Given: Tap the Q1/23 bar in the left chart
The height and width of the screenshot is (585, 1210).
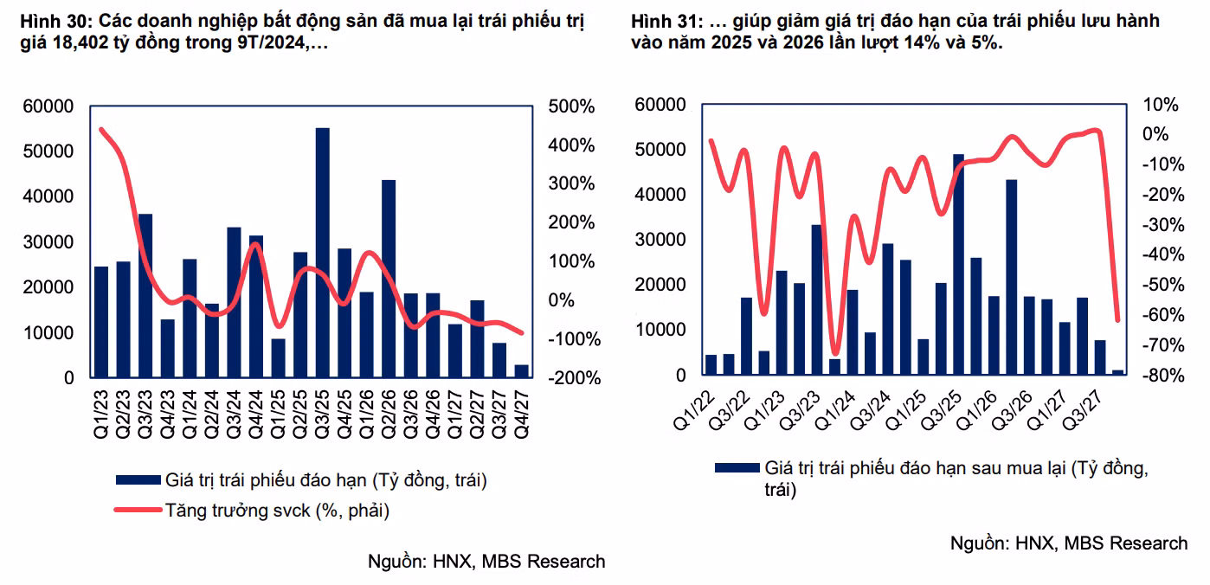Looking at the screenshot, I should point(101,322).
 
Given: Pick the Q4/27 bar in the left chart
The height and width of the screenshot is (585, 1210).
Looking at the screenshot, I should point(522,371).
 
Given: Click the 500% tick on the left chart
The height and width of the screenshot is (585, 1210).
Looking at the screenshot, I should point(571,106).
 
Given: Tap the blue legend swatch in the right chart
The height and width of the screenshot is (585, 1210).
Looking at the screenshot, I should point(737,468).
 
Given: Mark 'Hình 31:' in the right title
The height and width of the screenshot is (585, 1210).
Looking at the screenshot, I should point(663,21).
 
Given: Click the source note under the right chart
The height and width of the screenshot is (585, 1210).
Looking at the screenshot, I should point(1068,543).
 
